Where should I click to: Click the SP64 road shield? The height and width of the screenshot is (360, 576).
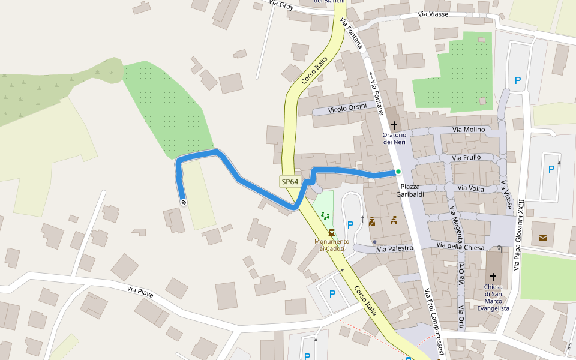pyautogui.click(x=289, y=182)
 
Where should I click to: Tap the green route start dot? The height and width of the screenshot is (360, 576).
pyautogui.click(x=398, y=172)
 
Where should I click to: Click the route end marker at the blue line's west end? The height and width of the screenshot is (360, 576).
pyautogui.click(x=184, y=203)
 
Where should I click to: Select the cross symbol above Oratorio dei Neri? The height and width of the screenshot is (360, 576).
pyautogui.click(x=394, y=125)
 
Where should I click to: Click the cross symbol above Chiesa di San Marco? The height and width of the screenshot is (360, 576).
pyautogui.click(x=493, y=277)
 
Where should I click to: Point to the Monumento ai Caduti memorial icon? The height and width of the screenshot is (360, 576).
pyautogui.click(x=332, y=232)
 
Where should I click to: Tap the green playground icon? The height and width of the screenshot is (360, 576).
pyautogui.click(x=325, y=215)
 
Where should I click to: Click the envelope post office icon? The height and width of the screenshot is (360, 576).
pyautogui.click(x=543, y=238)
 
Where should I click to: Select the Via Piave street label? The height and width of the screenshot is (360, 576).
pyautogui.click(x=140, y=290)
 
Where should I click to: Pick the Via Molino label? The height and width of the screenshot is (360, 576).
pyautogui.click(x=469, y=129)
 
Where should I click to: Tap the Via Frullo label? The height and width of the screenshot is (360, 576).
pyautogui.click(x=466, y=158)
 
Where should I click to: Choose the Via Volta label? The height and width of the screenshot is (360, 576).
pyautogui.click(x=470, y=188)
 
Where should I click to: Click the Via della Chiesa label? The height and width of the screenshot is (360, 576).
pyautogui.click(x=460, y=246)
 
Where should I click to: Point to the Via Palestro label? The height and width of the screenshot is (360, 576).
pyautogui.click(x=395, y=248)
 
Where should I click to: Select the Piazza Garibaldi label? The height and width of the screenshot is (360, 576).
pyautogui.click(x=410, y=190)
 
